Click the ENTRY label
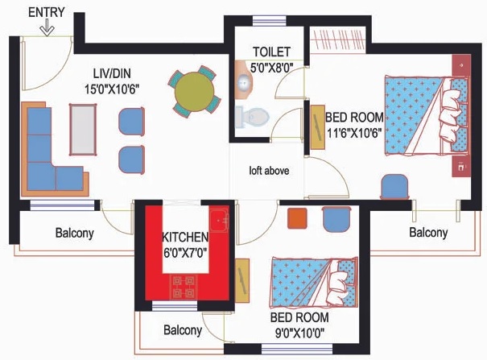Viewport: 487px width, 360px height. pos(47,12)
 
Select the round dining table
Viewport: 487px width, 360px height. pos(195,92)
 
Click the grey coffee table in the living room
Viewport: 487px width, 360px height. pos(83,129)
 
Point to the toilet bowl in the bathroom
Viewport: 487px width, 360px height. pos(252,117)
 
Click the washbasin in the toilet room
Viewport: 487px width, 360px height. pos(243,81)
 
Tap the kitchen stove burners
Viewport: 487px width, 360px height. pos(184,287)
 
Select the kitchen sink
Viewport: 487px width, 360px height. pos(219,221)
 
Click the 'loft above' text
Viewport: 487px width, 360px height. pos(269,171)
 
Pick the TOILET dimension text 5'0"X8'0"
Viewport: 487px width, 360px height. pos(272,68)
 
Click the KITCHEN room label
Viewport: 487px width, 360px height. pos(185,237)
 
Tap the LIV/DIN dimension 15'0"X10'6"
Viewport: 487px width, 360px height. pos(112,89)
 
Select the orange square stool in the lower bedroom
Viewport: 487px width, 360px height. pos(297,218)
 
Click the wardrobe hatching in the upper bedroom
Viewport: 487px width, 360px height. pos(338,39)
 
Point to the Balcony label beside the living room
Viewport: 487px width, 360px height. pos(75,233)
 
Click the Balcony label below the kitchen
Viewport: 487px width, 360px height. pos(183,330)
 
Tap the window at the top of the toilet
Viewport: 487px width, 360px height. pos(270,21)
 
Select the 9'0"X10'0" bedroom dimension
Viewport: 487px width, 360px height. pos(299,333)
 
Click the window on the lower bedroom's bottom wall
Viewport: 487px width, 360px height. pos(297,349)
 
